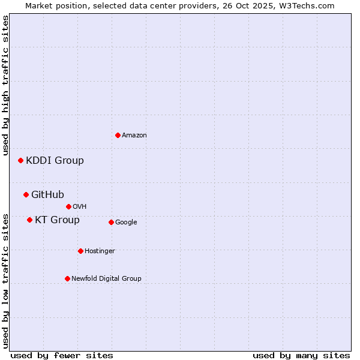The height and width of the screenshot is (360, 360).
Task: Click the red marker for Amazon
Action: [x=118, y=135]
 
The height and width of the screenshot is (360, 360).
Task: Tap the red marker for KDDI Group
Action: [x=20, y=160]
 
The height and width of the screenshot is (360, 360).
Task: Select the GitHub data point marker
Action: [x=26, y=194]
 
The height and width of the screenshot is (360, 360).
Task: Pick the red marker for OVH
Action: [x=68, y=206]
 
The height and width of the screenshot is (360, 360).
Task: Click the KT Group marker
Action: [x=29, y=220]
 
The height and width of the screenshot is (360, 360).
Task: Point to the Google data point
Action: [x=111, y=222]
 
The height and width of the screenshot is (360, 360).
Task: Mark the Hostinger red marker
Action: [x=80, y=251]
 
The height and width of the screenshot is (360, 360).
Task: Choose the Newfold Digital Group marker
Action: [x=67, y=278]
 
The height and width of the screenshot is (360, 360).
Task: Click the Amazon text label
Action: [x=134, y=136]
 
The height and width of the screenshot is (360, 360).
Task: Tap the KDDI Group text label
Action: [x=55, y=161]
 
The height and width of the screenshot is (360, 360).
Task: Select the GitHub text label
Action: [x=47, y=194]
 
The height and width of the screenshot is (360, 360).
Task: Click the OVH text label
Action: [x=80, y=207]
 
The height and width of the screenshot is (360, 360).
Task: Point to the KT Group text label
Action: [x=57, y=220]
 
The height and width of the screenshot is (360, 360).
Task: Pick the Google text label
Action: [x=126, y=223]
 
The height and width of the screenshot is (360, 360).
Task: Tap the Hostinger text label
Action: [x=100, y=251]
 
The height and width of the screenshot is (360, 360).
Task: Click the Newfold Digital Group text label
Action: [x=106, y=279]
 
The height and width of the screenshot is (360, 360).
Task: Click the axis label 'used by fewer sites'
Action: [x=62, y=355]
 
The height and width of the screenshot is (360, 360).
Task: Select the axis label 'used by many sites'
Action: [x=301, y=355]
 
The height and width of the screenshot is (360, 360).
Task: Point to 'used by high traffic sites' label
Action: [x=5, y=85]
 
